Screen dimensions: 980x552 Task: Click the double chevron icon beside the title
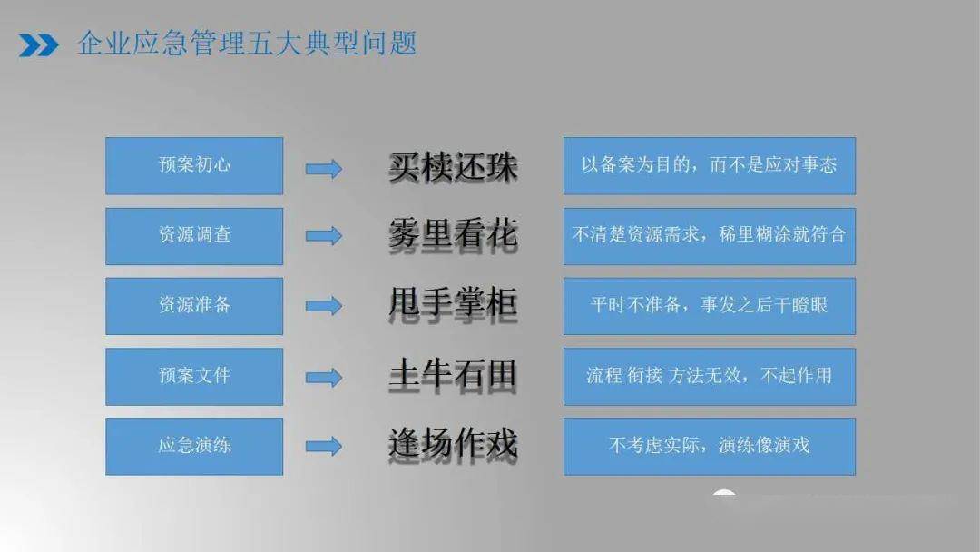[39, 45]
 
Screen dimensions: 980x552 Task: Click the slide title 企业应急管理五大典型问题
[247, 44]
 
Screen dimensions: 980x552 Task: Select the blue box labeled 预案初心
[194, 165]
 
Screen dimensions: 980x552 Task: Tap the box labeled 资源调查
[194, 236]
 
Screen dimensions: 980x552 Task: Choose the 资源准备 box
[194, 306]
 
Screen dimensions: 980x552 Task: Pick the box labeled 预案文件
[194, 377]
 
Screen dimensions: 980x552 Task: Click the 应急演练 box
[194, 447]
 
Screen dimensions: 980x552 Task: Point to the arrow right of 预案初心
[324, 169]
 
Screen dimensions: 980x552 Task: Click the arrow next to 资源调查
[324, 236]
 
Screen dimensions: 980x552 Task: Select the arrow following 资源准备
[324, 306]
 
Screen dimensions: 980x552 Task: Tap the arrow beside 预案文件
[324, 377]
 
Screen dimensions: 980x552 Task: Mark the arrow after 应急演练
[324, 446]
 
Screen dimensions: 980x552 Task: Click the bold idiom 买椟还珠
[453, 167]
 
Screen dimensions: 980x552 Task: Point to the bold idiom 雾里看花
[453, 235]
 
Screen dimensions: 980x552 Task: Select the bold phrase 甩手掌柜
[453, 304]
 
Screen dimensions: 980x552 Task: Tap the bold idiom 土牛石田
[453, 375]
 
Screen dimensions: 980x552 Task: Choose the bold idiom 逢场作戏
[453, 445]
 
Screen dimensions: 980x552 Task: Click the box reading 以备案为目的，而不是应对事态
[710, 165]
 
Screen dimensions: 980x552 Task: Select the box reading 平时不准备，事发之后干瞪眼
[710, 306]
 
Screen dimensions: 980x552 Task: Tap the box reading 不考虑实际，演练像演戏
[710, 447]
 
